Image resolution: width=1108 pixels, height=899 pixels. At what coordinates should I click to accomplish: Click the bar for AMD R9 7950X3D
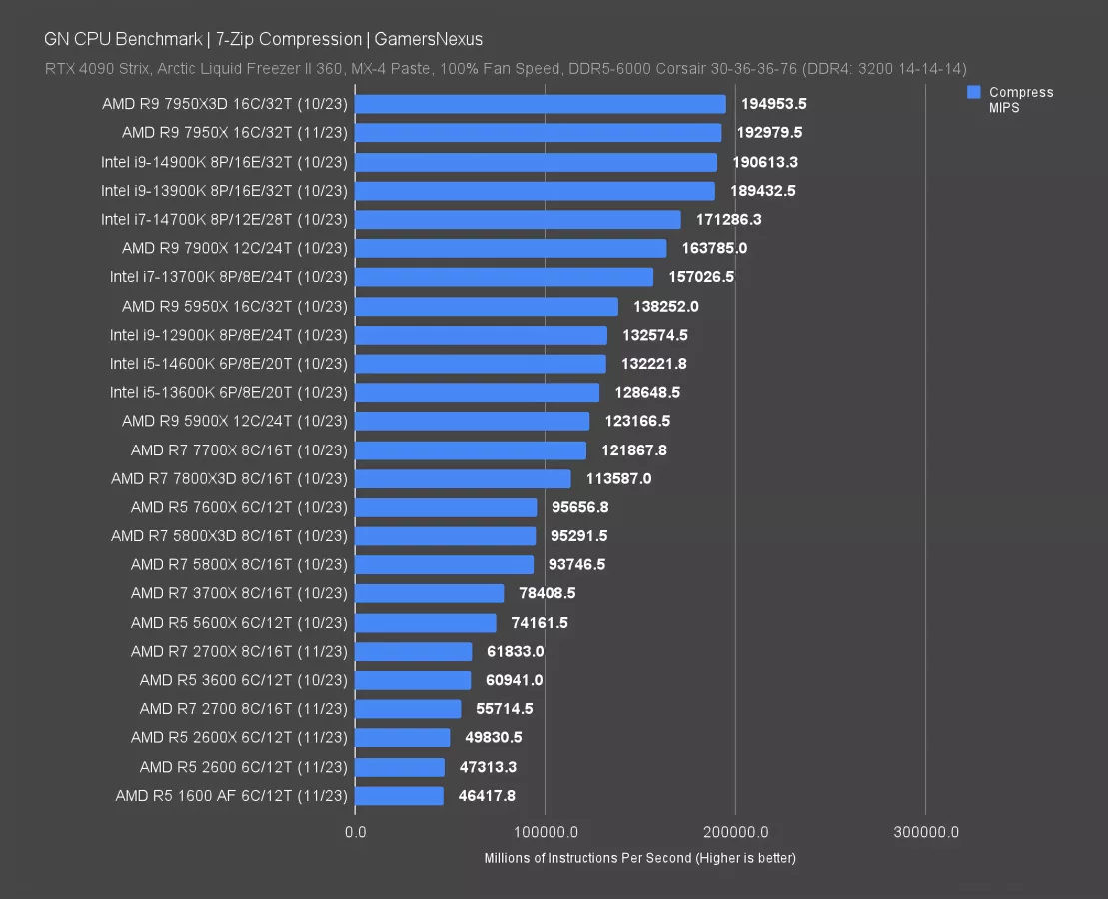pos(540,104)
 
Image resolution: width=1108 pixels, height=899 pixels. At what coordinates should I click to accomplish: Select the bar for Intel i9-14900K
pos(536,162)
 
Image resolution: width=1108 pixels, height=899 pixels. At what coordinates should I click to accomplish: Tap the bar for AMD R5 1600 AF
pos(399,796)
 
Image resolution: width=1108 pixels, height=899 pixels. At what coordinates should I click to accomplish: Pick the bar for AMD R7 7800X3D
pos(463,479)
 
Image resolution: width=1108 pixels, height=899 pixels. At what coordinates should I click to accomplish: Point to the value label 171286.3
pos(728,219)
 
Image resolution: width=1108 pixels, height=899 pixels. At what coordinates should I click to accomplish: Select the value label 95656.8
pos(580,507)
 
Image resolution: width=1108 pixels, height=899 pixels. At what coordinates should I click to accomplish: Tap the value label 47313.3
pos(489,767)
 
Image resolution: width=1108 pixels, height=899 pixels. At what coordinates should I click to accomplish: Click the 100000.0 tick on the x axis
pos(545,832)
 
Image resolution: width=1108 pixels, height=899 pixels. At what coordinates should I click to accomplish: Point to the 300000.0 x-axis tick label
pos(925,832)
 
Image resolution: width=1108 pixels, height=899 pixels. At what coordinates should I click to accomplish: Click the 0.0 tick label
pos(355,832)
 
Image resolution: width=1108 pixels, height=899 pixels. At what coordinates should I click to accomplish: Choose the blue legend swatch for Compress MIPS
pos(973,92)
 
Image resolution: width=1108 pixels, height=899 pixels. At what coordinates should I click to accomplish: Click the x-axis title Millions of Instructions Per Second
pos(639,858)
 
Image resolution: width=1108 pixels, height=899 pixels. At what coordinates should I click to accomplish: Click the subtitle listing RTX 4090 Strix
pos(505,69)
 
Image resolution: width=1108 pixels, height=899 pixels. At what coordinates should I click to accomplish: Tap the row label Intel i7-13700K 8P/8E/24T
pos(229,277)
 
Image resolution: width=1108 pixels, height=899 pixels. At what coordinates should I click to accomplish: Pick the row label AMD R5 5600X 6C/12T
pos(239,623)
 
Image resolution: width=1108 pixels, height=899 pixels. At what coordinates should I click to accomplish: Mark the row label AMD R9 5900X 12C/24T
pos(235,421)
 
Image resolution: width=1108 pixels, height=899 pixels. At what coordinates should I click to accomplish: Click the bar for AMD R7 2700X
pos(413,652)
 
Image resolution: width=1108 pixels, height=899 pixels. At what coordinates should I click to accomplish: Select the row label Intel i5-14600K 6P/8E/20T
pos(229,364)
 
